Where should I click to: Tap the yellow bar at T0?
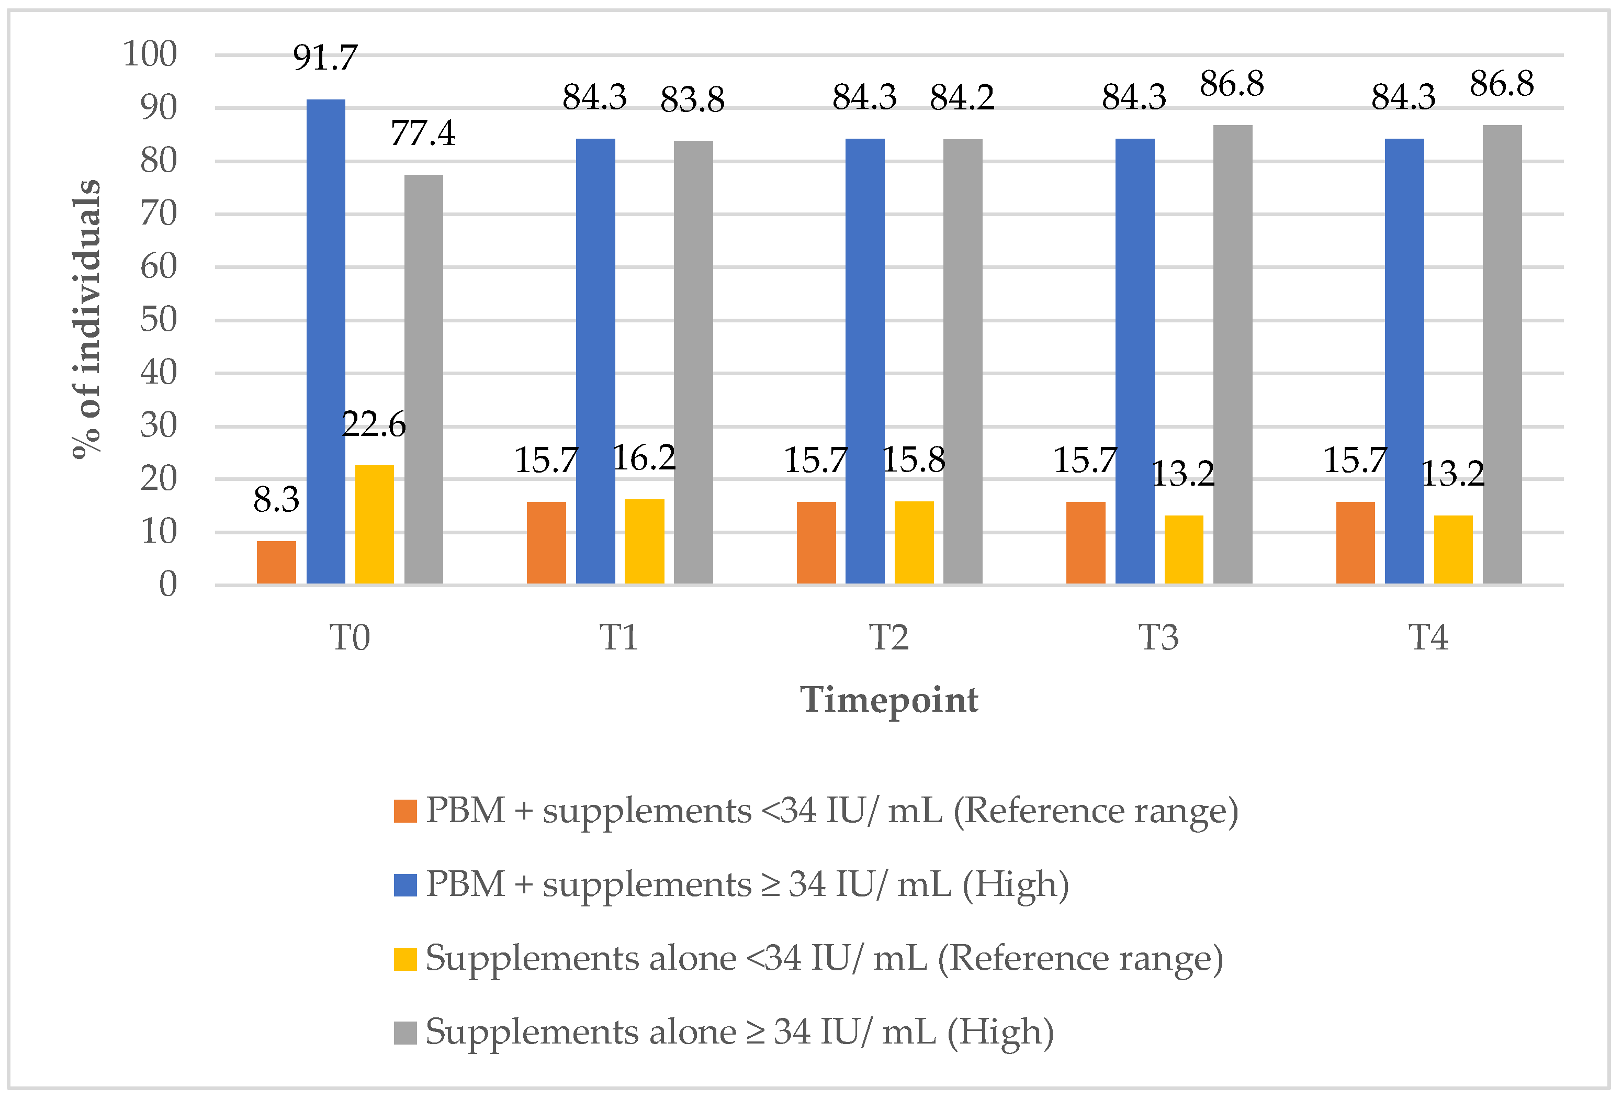coord(374,524)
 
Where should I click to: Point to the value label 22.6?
coord(374,424)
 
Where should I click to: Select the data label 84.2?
coord(962,98)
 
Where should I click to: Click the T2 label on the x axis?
coord(888,637)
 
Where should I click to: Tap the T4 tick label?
coord(1428,637)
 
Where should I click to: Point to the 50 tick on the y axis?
coord(159,320)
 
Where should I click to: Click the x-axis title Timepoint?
coord(888,700)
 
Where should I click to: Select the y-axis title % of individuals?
coord(86,319)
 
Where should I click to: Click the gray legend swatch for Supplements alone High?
coord(405,1033)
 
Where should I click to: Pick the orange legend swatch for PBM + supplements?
coord(405,811)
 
